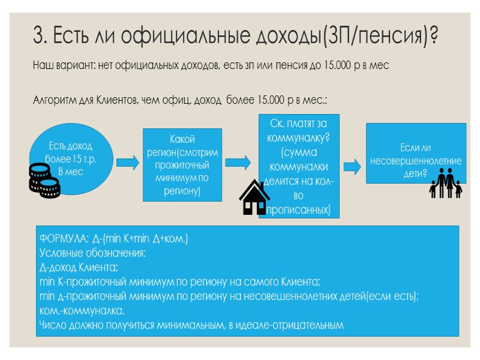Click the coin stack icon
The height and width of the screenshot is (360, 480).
(45, 181)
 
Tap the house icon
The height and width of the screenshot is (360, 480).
(254, 197)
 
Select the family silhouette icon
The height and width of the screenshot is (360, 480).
(446, 182)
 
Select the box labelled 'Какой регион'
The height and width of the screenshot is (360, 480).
(182, 165)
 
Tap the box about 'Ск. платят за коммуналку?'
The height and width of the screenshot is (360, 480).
(299, 166)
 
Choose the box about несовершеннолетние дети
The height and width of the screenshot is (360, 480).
(416, 154)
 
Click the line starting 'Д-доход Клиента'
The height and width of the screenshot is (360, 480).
(79, 267)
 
